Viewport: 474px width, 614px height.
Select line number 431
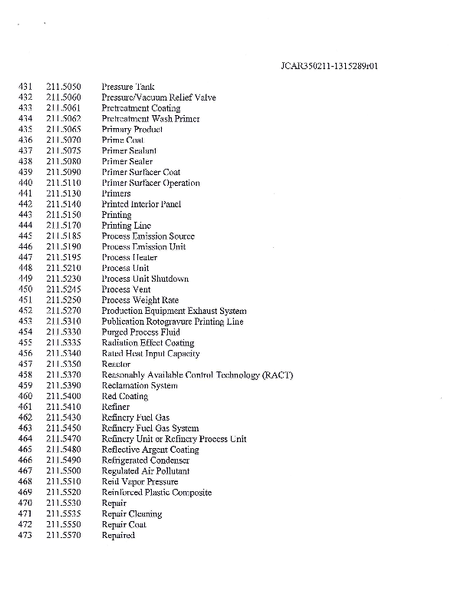pyautogui.click(x=25, y=87)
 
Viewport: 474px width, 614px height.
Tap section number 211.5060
pyautogui.click(x=64, y=97)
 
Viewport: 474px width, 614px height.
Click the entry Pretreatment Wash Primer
pyautogui.click(x=150, y=119)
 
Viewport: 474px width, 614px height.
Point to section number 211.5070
pyautogui.click(x=64, y=140)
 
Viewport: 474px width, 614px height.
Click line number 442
pyautogui.click(x=25, y=204)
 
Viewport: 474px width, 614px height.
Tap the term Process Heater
pyautogui.click(x=129, y=258)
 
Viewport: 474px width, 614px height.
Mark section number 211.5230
pyautogui.click(x=64, y=279)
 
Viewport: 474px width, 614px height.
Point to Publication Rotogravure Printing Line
pyautogui.click(x=173, y=322)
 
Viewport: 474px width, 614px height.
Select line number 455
pyautogui.click(x=25, y=343)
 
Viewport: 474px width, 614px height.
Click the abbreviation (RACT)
pyautogui.click(x=277, y=375)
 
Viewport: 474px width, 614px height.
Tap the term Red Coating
pyautogui.click(x=124, y=396)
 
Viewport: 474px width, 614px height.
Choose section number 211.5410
pyautogui.click(x=64, y=407)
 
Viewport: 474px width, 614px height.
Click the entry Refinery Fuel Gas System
pyautogui.click(x=150, y=428)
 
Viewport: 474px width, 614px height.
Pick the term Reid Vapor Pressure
pyautogui.click(x=140, y=482)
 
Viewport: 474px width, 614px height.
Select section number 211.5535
pyautogui.click(x=64, y=513)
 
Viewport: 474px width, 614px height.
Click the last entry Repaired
pyautogui.click(x=118, y=535)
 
